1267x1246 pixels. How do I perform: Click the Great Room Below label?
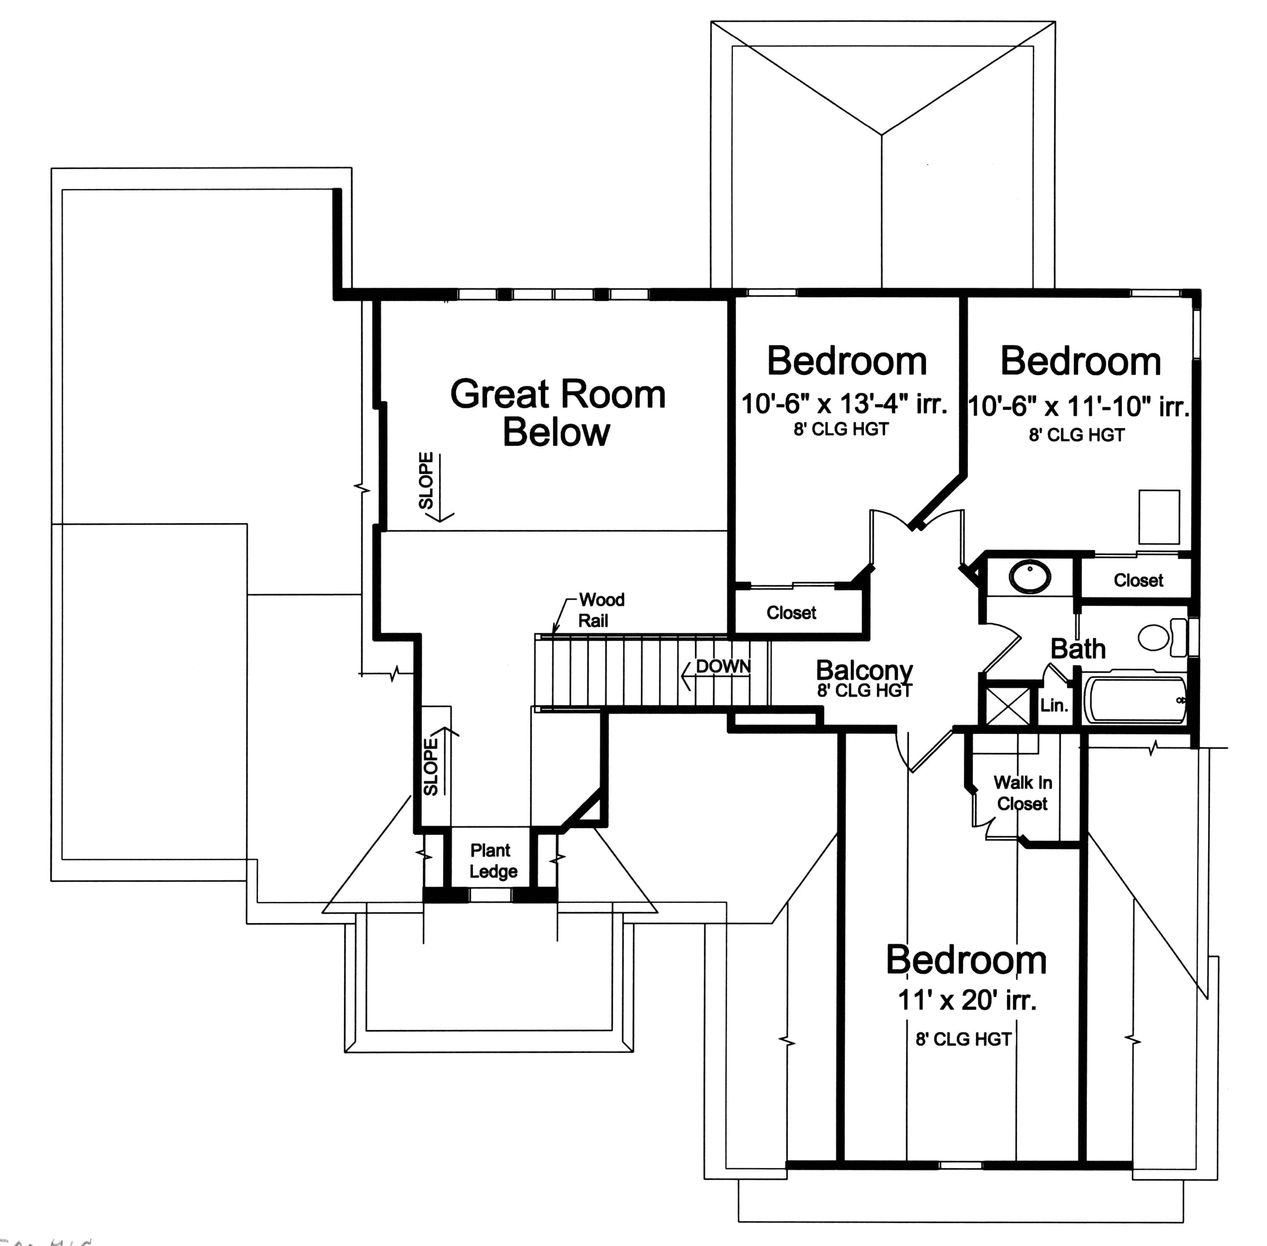[x=557, y=413]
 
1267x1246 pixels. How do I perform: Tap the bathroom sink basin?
[x=1030, y=577]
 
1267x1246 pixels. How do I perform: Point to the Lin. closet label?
[x=1054, y=705]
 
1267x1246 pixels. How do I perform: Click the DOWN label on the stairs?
[x=723, y=666]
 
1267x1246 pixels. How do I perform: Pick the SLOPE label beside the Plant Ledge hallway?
[x=430, y=767]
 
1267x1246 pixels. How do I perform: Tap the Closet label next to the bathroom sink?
[x=1138, y=580]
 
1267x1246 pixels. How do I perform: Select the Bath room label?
[x=1078, y=648]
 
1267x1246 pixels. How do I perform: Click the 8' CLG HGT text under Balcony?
[x=864, y=691]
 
